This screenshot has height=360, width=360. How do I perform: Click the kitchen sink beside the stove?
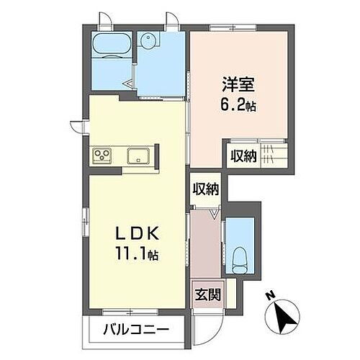coord(138,155)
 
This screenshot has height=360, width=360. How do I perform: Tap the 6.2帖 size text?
coord(238,106)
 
